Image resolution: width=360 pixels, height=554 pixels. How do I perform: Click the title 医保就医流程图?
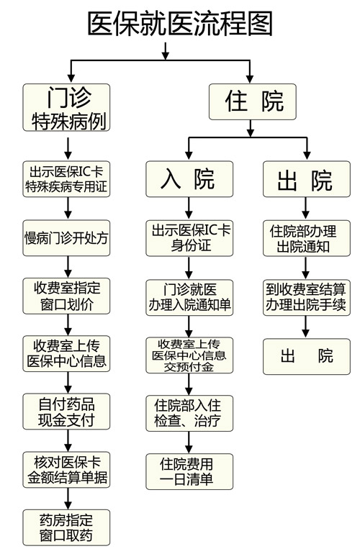(x=180, y=23)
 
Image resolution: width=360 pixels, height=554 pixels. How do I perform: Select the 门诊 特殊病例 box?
(x=66, y=107)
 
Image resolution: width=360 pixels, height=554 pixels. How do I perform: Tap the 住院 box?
(x=253, y=101)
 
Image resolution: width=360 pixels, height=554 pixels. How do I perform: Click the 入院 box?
(x=189, y=178)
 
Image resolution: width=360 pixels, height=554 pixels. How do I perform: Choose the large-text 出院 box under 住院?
(x=307, y=178)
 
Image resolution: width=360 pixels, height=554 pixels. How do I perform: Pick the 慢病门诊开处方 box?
(x=66, y=238)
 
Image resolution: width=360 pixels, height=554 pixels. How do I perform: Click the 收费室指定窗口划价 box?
(x=66, y=296)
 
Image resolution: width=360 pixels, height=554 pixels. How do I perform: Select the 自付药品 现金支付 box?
(x=66, y=412)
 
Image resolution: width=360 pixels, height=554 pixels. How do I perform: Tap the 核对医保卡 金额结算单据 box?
(x=66, y=470)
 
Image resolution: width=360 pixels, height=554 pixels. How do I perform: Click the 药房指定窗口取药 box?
(x=66, y=527)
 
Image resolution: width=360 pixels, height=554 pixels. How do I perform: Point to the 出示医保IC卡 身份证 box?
(x=189, y=238)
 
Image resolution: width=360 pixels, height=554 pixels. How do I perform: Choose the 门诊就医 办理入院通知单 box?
(x=189, y=297)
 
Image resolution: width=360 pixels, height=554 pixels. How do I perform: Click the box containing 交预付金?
(x=189, y=355)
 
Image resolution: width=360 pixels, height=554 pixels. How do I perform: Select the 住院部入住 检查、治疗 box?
(x=189, y=414)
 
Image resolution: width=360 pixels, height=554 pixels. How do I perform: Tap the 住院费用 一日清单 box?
(x=189, y=471)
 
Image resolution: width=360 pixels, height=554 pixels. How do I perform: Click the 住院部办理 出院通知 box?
(x=307, y=238)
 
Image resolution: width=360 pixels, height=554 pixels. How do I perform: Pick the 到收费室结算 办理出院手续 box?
(x=307, y=297)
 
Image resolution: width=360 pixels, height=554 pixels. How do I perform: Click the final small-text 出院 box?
(x=307, y=356)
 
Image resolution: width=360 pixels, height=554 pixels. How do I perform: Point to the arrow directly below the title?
(x=165, y=51)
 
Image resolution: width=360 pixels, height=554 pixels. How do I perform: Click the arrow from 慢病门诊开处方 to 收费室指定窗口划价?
(x=68, y=267)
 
